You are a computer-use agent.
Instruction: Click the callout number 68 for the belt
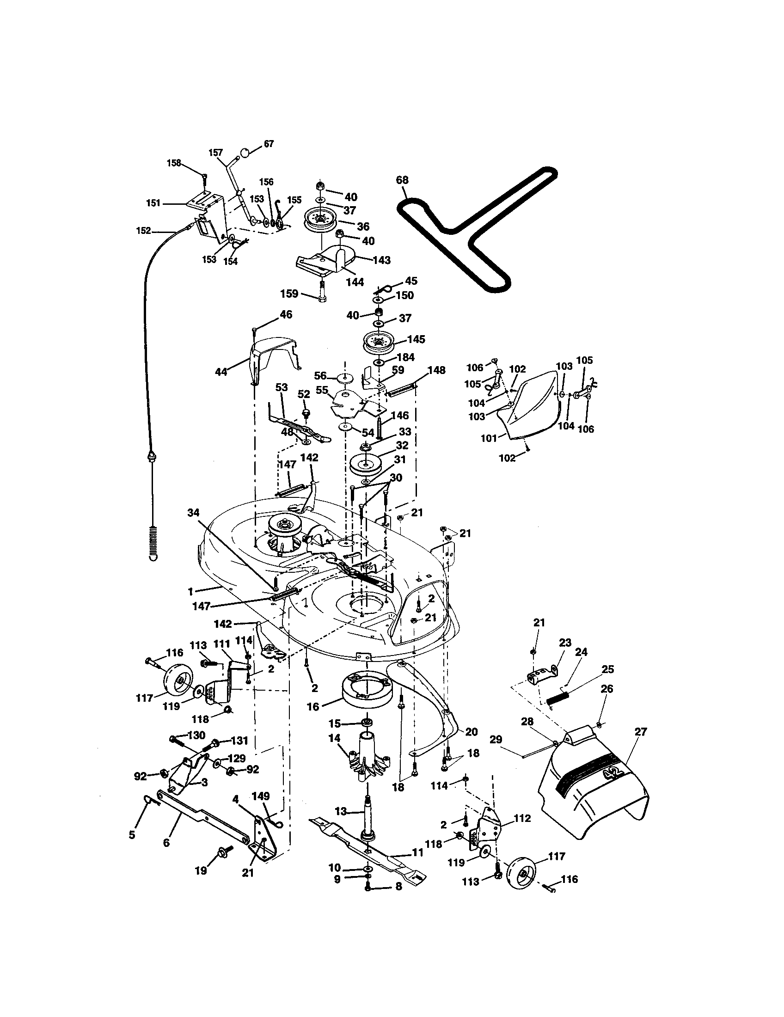click(x=402, y=180)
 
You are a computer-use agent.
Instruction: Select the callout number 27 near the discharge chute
click(x=641, y=732)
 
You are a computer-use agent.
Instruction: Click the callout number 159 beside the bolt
click(x=289, y=294)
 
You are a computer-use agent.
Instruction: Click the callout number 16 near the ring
click(x=313, y=706)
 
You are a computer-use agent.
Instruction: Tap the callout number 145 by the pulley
click(x=416, y=339)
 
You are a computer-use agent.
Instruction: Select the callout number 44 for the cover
click(x=221, y=372)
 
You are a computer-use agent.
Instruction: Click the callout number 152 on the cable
click(x=143, y=231)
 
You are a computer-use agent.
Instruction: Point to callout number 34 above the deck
click(x=193, y=512)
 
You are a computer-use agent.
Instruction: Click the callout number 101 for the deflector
click(x=489, y=438)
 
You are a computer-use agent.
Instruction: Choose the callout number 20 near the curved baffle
click(x=471, y=732)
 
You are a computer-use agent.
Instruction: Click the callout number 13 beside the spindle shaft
click(x=341, y=811)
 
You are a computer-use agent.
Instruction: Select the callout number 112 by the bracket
click(x=521, y=818)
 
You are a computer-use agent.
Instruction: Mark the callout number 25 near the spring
click(x=607, y=669)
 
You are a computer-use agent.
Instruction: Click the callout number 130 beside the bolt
click(x=196, y=735)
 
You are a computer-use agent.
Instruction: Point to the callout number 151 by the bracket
click(x=153, y=203)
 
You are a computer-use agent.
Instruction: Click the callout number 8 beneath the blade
click(x=398, y=887)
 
